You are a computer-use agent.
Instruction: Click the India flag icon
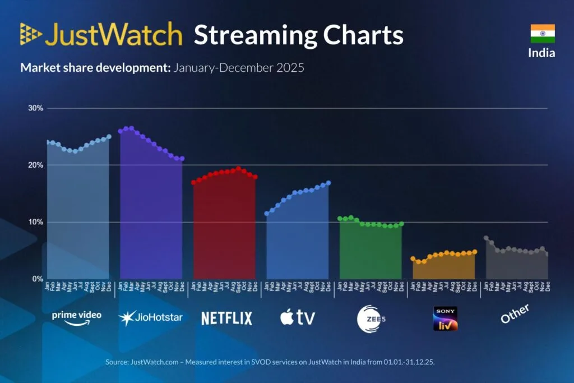pos(543,33)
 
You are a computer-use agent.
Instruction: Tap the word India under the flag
pos(541,53)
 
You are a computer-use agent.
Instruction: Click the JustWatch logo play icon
pos(31,34)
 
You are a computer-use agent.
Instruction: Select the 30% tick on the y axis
pos(36,108)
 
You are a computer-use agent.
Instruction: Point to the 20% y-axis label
pos(36,165)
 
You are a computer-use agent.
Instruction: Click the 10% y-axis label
pos(36,222)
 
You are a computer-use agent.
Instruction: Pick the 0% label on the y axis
pos(38,279)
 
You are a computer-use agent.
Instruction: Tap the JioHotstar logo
pos(150,317)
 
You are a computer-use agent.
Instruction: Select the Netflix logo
pos(226,318)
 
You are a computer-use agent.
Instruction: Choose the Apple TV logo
pos(298,317)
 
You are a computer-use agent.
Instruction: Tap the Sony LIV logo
pos(445,318)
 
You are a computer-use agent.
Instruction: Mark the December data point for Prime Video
pos(109,136)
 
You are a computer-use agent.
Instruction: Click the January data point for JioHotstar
pos(121,131)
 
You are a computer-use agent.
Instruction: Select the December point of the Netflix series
pos(255,177)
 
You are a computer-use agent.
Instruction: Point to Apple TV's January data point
pos(267,214)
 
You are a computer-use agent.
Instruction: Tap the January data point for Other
pos(486,238)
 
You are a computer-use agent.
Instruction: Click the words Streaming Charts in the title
pos(298,35)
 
